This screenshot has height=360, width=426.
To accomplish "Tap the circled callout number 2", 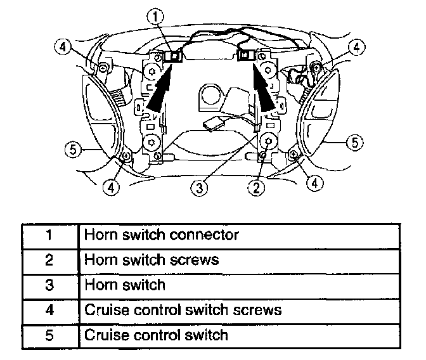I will click(x=257, y=186).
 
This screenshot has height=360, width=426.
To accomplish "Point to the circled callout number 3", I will click(x=200, y=186).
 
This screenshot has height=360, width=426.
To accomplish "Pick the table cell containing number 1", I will click(x=49, y=235).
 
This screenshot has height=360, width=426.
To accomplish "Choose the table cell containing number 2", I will click(x=49, y=260).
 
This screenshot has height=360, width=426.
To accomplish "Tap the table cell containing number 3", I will click(x=49, y=285).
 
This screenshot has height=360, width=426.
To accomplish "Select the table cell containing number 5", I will click(x=49, y=334).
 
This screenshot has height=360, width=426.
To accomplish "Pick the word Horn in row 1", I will click(x=98, y=235).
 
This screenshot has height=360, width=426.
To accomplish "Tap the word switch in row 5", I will click(x=202, y=334).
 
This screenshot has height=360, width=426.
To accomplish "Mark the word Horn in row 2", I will click(x=98, y=260).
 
